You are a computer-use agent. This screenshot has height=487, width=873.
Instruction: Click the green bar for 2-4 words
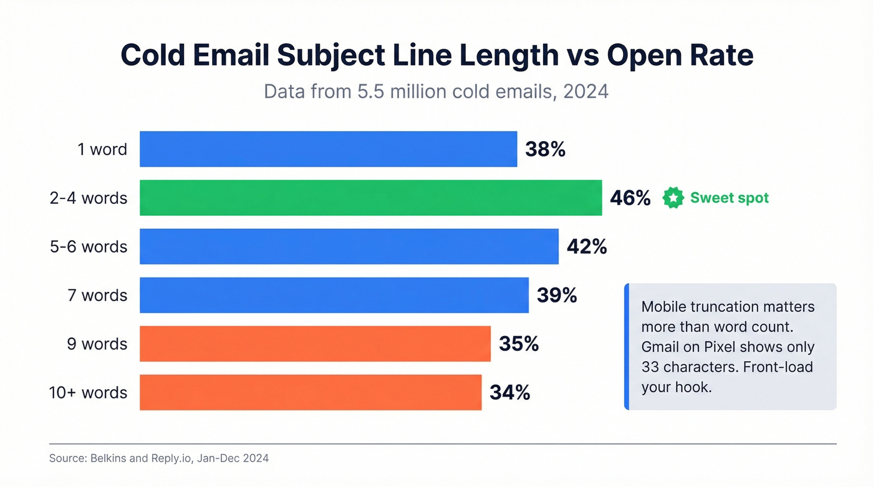370,198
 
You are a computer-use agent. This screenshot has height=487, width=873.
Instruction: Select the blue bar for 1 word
328,149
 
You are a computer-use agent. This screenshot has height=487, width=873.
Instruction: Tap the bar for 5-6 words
349,246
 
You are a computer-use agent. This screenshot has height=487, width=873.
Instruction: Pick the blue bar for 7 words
334,295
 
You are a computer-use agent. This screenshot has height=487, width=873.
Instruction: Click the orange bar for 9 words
315,344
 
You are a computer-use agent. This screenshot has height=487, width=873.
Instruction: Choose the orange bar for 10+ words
310,392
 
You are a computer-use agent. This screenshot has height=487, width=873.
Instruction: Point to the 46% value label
630,198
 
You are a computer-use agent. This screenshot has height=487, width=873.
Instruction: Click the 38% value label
545,150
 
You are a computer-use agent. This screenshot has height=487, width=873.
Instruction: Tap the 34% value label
509,393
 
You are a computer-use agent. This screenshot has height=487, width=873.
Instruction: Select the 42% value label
587,247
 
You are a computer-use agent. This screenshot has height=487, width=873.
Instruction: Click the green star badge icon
673,198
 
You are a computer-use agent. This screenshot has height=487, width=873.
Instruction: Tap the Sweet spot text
729,198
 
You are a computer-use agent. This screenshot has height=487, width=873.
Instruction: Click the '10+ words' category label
88,393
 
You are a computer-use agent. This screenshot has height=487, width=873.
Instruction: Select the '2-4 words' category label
89,198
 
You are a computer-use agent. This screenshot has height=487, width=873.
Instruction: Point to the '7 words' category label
97,296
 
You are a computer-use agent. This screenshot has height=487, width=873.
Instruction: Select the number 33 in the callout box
650,367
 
